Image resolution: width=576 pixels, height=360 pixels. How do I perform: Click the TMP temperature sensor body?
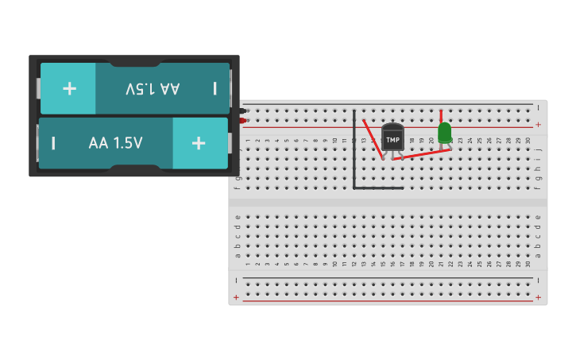(392, 137)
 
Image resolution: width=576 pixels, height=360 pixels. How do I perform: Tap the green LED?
(445, 132)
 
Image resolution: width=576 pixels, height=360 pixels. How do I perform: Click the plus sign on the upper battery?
(69, 88)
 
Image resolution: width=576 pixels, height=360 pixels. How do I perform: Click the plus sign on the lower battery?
(199, 143)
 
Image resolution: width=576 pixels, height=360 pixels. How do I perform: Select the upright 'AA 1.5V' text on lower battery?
(116, 143)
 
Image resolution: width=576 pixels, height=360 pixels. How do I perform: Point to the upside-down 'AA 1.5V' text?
(153, 89)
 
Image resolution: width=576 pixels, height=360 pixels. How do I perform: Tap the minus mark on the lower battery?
(53, 143)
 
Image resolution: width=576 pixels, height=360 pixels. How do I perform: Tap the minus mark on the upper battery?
(215, 89)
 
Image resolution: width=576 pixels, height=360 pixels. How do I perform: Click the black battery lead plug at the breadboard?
(243, 110)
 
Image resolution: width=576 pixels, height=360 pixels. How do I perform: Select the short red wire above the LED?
(441, 115)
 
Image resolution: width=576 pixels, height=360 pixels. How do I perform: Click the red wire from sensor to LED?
(421, 154)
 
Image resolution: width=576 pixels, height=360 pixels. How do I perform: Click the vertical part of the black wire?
(354, 151)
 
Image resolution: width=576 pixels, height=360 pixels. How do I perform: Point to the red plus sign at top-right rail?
(539, 125)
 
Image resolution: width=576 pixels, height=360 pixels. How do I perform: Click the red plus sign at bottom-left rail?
(236, 297)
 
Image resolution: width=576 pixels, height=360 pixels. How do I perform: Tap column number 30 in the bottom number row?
(528, 264)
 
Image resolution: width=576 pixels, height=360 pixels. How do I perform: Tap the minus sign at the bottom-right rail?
(539, 280)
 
